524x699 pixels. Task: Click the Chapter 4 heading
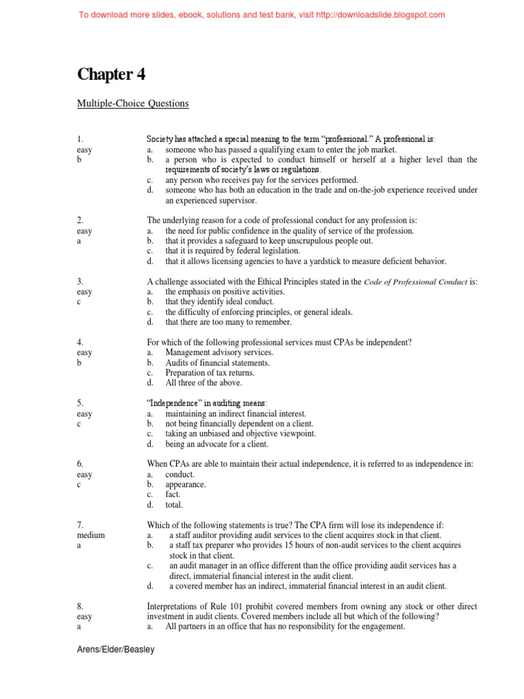coord(111,74)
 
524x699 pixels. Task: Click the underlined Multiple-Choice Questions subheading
coord(132,104)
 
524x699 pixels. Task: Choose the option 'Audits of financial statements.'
coord(217,363)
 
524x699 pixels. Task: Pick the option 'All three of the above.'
coord(203,382)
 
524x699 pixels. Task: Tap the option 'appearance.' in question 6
coord(185,485)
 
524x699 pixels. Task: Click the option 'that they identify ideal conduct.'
coord(219,302)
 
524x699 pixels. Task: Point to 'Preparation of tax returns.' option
coord(209,373)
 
